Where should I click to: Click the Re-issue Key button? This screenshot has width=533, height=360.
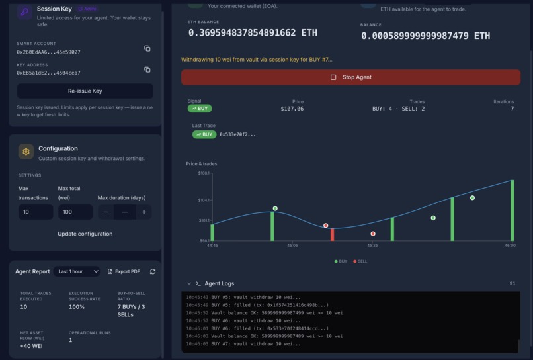tap(85, 91)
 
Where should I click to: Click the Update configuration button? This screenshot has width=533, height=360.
tap(85, 234)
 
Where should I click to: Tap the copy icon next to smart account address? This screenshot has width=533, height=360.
tap(147, 48)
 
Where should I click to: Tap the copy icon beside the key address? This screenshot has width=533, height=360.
tap(147, 69)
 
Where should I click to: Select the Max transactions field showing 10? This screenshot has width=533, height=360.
tap(36, 212)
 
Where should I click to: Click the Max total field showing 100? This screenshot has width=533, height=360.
tap(75, 212)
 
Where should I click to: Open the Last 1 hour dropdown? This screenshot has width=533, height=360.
tap(77, 271)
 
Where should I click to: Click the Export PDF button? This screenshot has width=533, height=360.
tap(124, 271)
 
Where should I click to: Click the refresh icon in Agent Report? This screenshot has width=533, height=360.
tap(153, 271)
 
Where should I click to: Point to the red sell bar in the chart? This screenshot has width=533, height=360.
tap(332, 234)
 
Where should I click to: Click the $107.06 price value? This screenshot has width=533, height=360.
tap(292, 109)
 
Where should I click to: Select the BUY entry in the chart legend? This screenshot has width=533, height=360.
tap(341, 261)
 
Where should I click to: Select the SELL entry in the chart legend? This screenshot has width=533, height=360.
tap(360, 261)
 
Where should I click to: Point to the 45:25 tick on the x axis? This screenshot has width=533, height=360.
tap(372, 246)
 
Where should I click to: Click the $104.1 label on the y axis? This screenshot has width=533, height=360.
tap(203, 200)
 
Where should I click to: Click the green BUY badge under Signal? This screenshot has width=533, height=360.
tap(200, 109)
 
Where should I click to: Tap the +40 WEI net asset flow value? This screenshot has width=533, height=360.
tap(32, 347)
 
